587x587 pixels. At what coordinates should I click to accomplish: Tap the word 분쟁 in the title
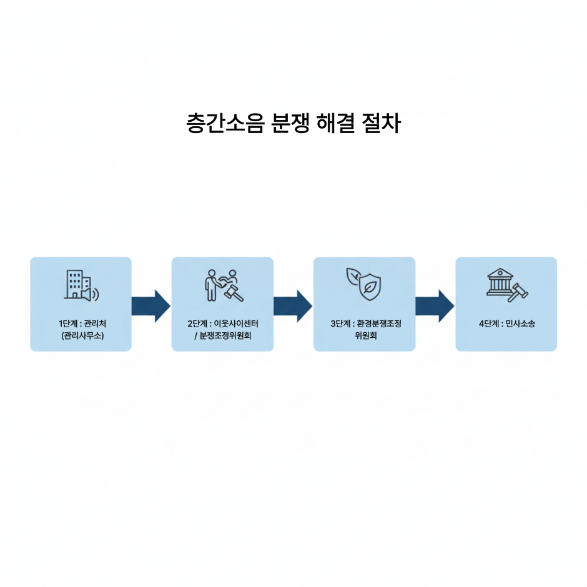[x=290, y=123]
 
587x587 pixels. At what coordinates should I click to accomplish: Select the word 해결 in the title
[x=339, y=123]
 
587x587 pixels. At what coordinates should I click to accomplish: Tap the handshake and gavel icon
[x=222, y=285]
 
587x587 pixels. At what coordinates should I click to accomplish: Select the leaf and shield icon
[x=364, y=284]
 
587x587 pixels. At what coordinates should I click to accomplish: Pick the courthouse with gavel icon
[x=506, y=286]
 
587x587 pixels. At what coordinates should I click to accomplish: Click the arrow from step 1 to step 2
[x=151, y=306]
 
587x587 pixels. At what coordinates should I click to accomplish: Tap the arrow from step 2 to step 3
[x=293, y=306]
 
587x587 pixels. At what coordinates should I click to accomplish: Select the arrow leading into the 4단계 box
[x=435, y=306]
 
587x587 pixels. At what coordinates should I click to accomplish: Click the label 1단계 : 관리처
[x=81, y=323]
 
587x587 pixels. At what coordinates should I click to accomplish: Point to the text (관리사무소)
[x=81, y=336]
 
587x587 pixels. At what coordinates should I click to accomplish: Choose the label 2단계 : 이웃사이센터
[x=222, y=323]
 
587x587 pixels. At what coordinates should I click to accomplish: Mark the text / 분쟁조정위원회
[x=222, y=336]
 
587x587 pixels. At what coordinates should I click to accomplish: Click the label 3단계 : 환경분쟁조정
[x=364, y=323]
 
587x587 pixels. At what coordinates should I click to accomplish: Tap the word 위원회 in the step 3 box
[x=364, y=336]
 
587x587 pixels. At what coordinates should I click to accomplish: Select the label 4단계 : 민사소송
[x=506, y=323]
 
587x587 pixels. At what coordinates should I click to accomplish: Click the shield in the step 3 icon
[x=370, y=288]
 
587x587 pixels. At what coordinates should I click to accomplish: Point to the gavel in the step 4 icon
[x=518, y=292]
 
